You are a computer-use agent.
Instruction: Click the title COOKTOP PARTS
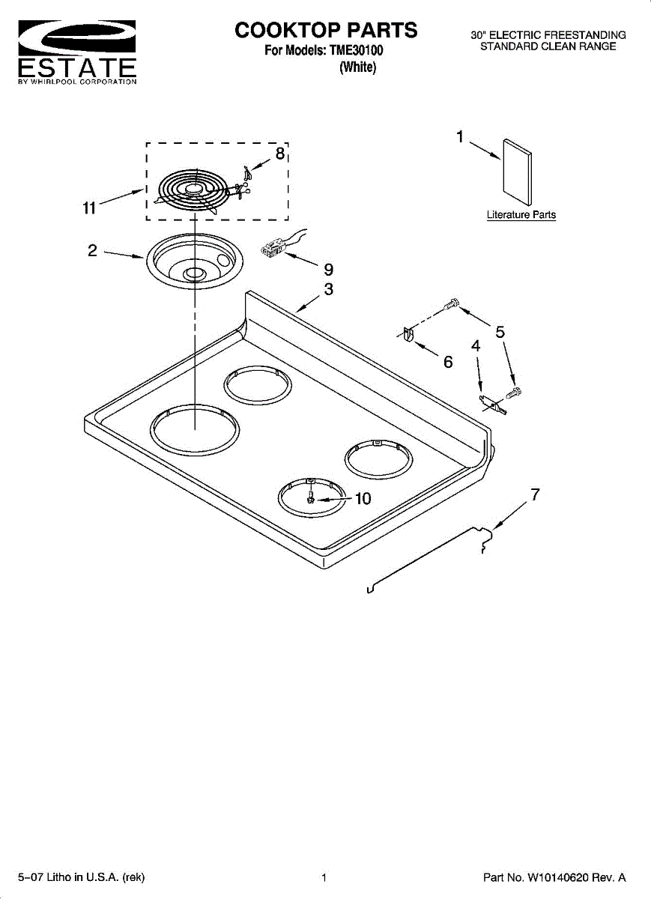pos(326,30)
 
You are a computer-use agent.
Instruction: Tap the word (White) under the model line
pos(357,67)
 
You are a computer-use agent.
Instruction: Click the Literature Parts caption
pos(521,215)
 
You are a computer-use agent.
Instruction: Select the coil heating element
pos(192,192)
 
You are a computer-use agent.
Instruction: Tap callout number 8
pos(279,154)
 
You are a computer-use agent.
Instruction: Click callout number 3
pos(328,289)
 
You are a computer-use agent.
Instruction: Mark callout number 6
pos(448,362)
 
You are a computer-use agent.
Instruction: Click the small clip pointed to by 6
pos(408,335)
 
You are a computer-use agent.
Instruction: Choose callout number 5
pos(500,333)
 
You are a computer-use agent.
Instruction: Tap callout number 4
pos(476,346)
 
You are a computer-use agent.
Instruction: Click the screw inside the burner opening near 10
pos(310,497)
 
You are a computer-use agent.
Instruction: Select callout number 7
pos(535,494)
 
